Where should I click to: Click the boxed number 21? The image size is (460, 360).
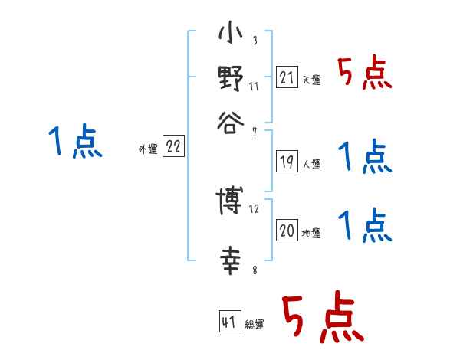tap(287, 77)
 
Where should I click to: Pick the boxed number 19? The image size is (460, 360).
tap(287, 162)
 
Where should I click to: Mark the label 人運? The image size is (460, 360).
tap(311, 164)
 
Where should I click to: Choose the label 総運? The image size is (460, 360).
tap(254, 324)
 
